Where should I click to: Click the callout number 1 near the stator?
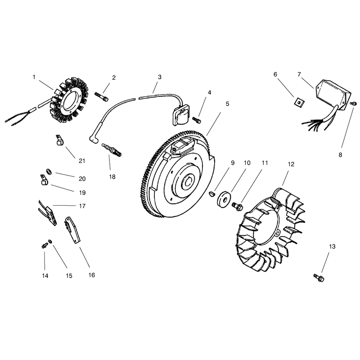point(34,77)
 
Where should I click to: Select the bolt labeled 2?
point(101,96)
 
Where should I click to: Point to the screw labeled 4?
point(197,120)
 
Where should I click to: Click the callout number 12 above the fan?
point(291,164)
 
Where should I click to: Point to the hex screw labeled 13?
point(319,278)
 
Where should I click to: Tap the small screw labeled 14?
point(44,246)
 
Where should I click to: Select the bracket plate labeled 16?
point(72,229)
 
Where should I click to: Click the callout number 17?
point(82,206)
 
